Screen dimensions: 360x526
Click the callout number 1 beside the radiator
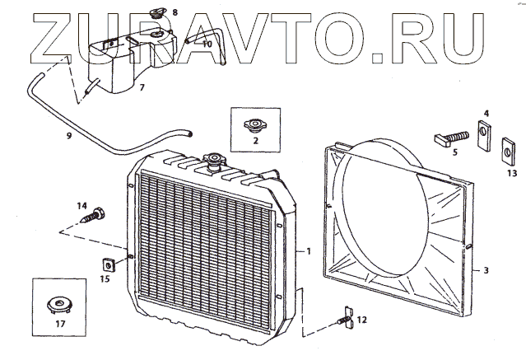[308, 250]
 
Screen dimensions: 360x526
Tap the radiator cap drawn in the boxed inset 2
[254, 125]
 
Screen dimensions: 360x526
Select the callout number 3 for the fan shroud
[486, 269]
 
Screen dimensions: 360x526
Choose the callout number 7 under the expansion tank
[142, 87]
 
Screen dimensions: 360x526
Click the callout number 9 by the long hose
[69, 133]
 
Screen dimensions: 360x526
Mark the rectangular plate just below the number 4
[485, 132]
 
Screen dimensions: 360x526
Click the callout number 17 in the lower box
[58, 325]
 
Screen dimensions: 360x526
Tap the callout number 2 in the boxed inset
[256, 141]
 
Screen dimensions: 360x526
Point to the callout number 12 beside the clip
[362, 318]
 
